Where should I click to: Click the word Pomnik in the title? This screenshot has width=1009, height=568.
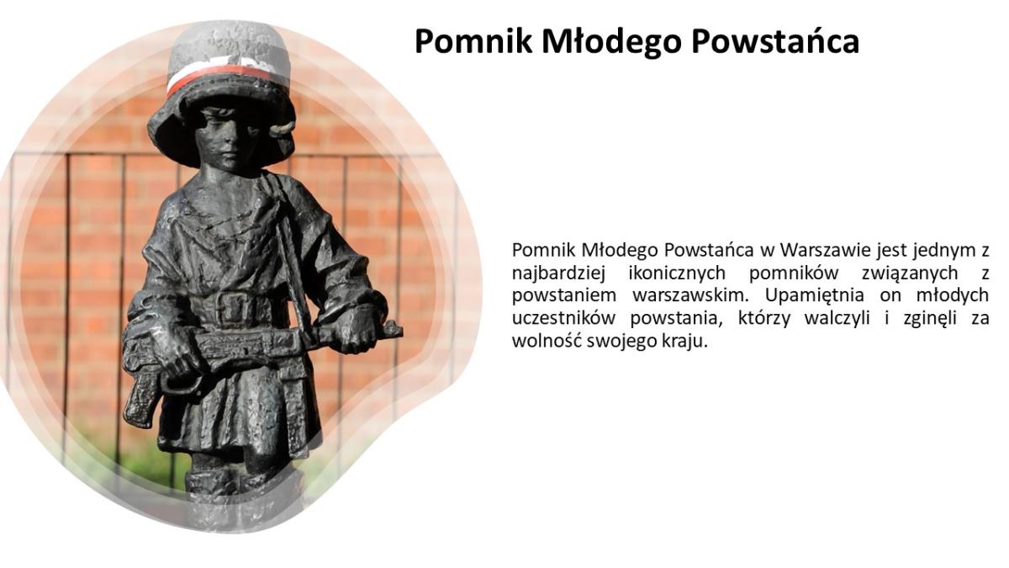tap(474, 41)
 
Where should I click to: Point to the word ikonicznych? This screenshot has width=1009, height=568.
tap(677, 273)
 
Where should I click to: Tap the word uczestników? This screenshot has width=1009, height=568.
tap(563, 318)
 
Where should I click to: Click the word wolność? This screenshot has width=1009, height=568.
tap(547, 341)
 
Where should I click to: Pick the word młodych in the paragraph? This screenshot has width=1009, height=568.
tap(953, 295)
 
